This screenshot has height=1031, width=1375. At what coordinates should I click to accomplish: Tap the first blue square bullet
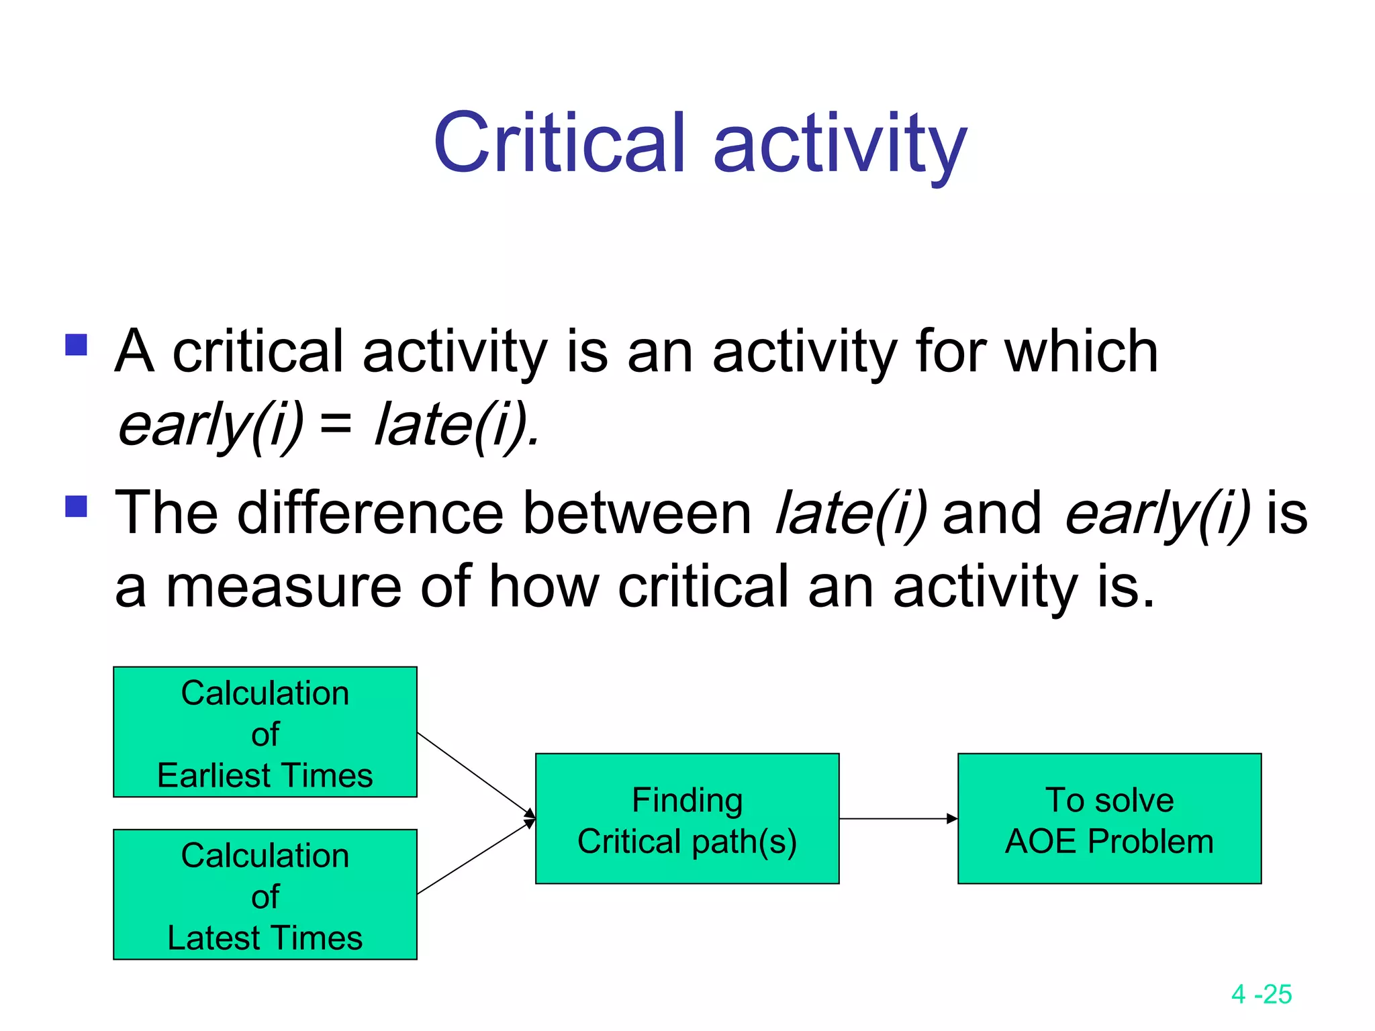click(77, 345)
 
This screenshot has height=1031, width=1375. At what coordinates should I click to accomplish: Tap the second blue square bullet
click(77, 506)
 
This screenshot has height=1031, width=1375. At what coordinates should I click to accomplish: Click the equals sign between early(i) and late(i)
click(336, 424)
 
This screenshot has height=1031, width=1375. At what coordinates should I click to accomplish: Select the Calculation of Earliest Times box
click(265, 732)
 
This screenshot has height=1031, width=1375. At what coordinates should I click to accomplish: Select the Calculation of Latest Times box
click(265, 894)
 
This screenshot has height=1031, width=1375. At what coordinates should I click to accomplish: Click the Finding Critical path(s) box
click(687, 818)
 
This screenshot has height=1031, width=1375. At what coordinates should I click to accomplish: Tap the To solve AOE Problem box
click(1109, 818)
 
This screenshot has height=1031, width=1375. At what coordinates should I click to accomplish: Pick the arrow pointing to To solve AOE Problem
click(898, 818)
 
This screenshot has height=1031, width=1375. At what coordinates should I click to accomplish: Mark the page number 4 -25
click(1261, 994)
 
